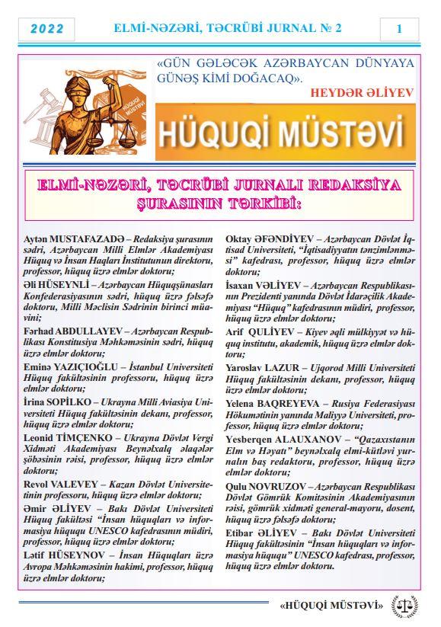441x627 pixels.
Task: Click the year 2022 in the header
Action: pyautogui.click(x=46, y=29)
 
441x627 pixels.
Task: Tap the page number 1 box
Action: pyautogui.click(x=398, y=29)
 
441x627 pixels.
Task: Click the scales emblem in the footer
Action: pyautogui.click(x=404, y=606)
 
